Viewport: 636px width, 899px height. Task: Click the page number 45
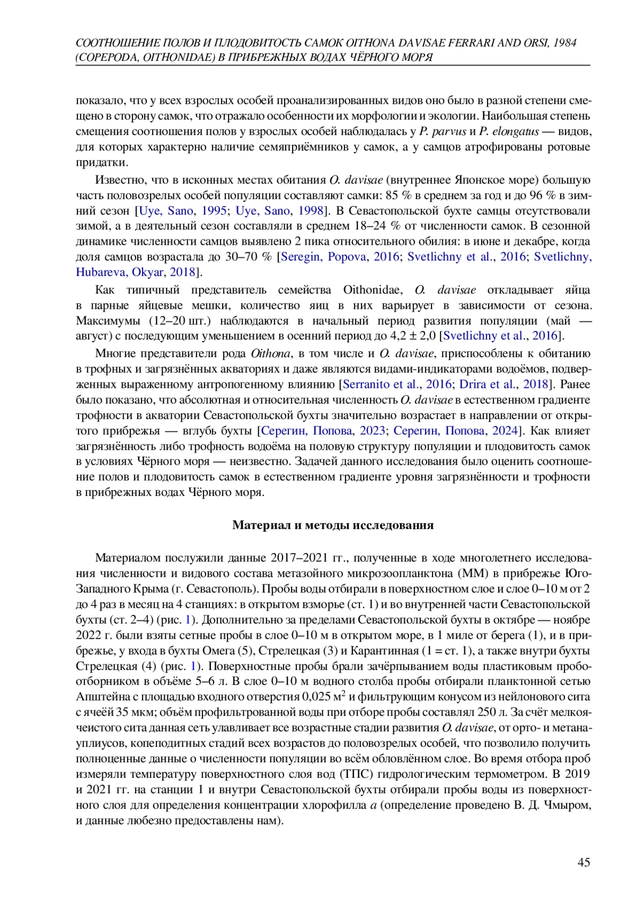pyautogui.click(x=584, y=862)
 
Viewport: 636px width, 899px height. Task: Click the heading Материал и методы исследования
pyautogui.click(x=333, y=525)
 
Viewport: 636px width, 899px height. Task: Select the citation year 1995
pyautogui.click(x=215, y=211)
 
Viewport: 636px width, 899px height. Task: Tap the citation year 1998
pyautogui.click(x=311, y=211)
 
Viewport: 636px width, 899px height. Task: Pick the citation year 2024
pyautogui.click(x=505, y=430)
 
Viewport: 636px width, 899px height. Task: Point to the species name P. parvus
pyautogui.click(x=442, y=131)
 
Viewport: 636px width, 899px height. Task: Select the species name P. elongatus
pyautogui.click(x=509, y=131)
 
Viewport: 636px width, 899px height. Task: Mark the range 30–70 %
pyautogui.click(x=252, y=257)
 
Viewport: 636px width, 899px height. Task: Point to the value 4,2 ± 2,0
pyautogui.click(x=413, y=335)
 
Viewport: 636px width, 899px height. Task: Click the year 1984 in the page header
pyautogui.click(x=564, y=43)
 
